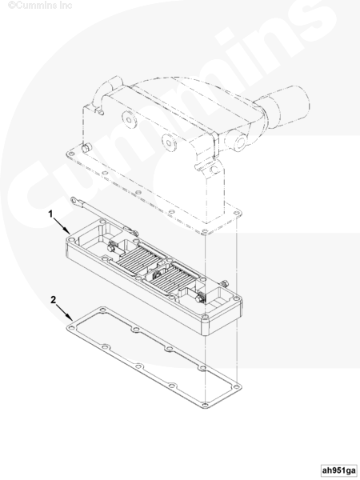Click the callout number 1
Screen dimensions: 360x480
point(51,214)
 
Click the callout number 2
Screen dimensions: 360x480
point(54,300)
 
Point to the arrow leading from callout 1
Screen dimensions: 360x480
point(62,226)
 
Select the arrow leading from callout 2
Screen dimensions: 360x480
point(64,312)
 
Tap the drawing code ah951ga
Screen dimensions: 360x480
point(339,470)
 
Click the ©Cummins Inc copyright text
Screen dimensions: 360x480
point(40,6)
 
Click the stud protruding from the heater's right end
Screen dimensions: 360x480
point(225,283)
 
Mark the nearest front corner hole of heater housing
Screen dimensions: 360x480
point(206,316)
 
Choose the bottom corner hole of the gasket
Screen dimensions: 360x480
point(205,405)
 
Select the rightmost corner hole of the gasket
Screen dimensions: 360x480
point(236,387)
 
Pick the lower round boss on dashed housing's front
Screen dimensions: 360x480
point(169,142)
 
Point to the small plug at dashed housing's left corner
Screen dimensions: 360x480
point(86,148)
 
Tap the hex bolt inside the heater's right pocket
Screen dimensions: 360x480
point(201,298)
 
